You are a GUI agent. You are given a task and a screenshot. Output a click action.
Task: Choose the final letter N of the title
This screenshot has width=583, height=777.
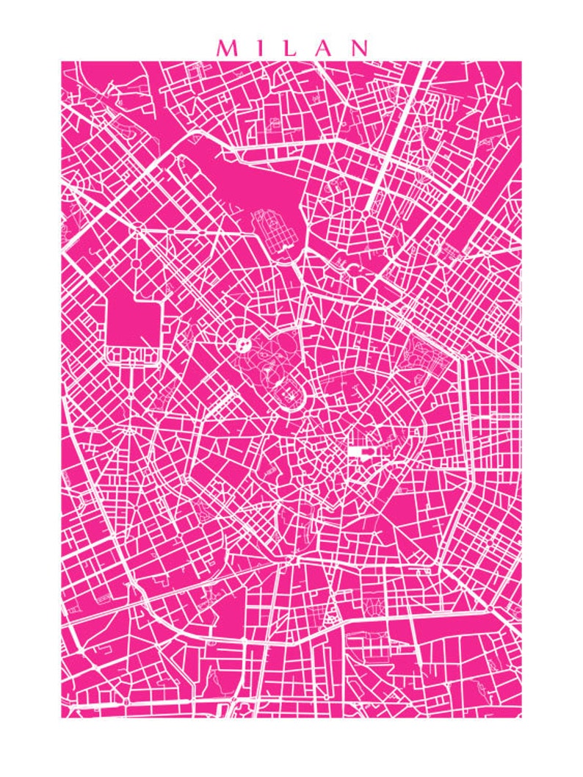[360, 48]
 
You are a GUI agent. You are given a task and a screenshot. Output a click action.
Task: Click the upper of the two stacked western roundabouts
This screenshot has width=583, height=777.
[137, 234]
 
